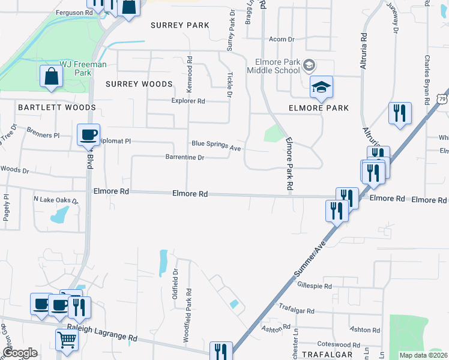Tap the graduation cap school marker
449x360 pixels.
pos(321,88)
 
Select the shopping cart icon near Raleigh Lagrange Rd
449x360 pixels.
pos(67,339)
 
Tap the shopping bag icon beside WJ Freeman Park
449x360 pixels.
pos(52,77)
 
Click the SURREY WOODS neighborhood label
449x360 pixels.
pos(139,84)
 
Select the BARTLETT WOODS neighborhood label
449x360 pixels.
pos(57,107)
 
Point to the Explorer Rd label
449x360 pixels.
pos(188,101)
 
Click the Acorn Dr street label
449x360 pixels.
pos(282,39)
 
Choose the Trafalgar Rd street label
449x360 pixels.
pos(297,309)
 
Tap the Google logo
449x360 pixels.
pos(20,353)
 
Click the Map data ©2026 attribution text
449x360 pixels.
pos(424,355)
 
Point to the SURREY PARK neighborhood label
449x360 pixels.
pos(180,25)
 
